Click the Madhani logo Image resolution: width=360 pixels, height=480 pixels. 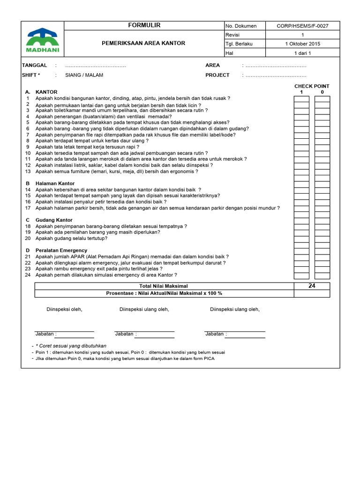[42, 40]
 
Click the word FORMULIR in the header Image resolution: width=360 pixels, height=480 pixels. [144, 25]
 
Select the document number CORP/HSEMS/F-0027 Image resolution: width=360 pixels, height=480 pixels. [302, 26]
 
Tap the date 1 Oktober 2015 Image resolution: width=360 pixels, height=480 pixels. [302, 44]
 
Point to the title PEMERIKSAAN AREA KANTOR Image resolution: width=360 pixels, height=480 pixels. [143, 43]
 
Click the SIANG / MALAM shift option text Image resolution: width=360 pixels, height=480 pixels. [84, 75]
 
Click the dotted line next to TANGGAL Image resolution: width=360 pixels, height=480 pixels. [96, 66]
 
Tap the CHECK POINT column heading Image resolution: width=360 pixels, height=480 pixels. [312, 86]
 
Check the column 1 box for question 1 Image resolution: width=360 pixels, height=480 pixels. [301, 99]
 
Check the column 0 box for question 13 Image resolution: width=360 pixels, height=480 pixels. [322, 172]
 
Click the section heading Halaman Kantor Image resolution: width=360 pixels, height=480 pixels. [55, 183]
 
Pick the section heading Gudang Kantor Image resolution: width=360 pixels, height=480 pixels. [54, 220]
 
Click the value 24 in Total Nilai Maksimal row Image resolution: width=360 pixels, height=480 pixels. [312, 286]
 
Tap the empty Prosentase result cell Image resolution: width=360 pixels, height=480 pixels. [312, 293]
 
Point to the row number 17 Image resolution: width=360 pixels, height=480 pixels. [28, 208]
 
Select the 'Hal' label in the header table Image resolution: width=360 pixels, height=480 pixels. [229, 53]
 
